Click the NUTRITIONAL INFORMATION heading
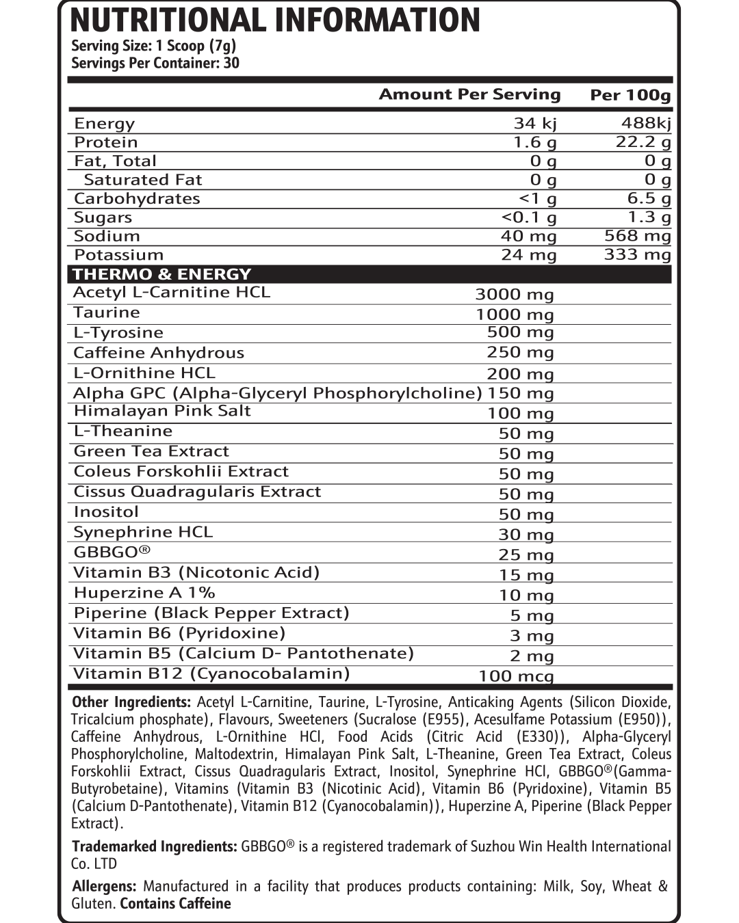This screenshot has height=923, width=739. click(275, 21)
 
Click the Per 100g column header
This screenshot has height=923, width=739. click(630, 95)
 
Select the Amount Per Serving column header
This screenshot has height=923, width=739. click(469, 94)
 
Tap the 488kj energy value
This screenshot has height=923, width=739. click(646, 123)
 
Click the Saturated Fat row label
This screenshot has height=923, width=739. click(142, 180)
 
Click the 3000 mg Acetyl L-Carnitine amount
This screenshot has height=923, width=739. click(514, 294)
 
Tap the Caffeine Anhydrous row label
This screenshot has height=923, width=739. click(158, 353)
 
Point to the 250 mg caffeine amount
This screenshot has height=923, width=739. click(520, 352)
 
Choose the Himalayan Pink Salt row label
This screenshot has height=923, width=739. click(162, 411)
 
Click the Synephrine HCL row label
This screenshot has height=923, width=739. click(143, 532)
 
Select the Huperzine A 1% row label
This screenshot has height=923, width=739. click(144, 593)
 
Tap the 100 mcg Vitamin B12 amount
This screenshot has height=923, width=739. click(516, 676)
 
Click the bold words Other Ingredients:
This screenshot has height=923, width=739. click(131, 702)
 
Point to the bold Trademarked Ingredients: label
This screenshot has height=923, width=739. click(155, 846)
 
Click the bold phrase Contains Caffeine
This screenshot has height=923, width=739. click(175, 904)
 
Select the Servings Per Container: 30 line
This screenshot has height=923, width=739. click(155, 64)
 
